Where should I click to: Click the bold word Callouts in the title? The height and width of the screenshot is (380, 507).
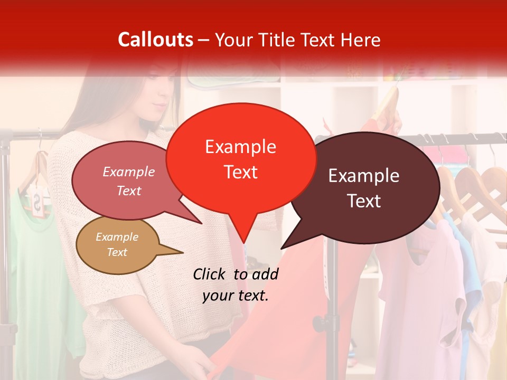pyautogui.click(x=155, y=40)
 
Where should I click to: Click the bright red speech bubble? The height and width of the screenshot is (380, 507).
pyautogui.click(x=240, y=158)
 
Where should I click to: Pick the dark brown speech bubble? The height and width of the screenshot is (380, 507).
pyautogui.click(x=364, y=187)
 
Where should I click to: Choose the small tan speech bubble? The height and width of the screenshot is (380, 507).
pyautogui.click(x=117, y=245)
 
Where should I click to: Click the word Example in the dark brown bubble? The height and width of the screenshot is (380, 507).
pyautogui.click(x=364, y=176)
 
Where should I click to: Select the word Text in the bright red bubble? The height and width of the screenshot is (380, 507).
pyautogui.click(x=240, y=172)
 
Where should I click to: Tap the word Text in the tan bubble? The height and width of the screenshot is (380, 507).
pyautogui.click(x=117, y=252)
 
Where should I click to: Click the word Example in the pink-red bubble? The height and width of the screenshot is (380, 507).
pyautogui.click(x=129, y=172)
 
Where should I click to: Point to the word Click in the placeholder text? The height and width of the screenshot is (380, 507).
pyautogui.click(x=210, y=274)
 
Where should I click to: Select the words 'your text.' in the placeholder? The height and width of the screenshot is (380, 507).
pyautogui.click(x=236, y=296)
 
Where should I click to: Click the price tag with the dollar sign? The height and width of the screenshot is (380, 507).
pyautogui.click(x=39, y=203)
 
